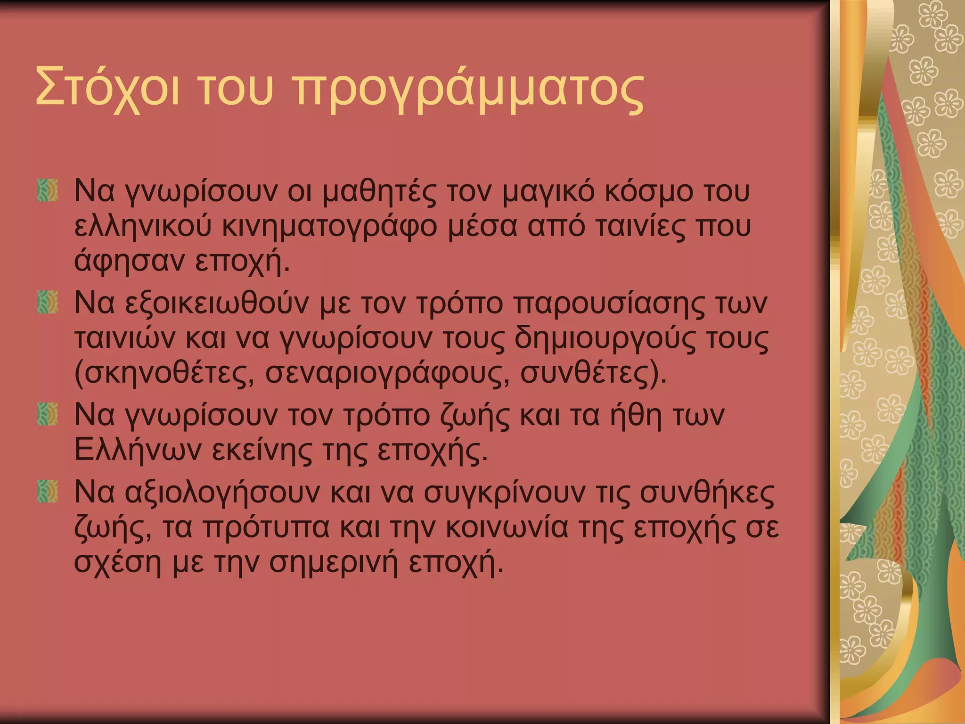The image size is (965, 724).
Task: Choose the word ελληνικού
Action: (x=143, y=227)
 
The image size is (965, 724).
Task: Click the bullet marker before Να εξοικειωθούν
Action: (x=48, y=302)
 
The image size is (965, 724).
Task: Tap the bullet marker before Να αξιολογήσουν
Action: (x=48, y=492)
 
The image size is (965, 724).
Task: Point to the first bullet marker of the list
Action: (x=48, y=191)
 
